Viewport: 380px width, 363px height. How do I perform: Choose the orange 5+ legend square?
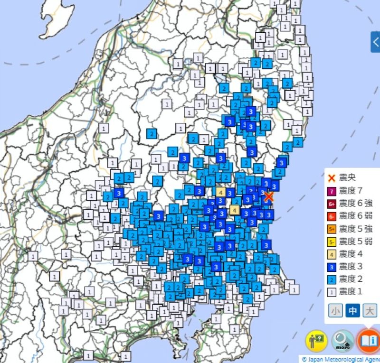click(332, 229)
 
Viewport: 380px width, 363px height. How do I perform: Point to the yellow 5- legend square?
click(332, 242)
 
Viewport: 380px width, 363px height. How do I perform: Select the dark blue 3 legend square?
click(332, 267)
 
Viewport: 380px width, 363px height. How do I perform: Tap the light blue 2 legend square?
click(332, 279)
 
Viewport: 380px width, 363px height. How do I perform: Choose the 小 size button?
click(336, 311)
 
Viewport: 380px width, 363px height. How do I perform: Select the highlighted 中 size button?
click(352, 311)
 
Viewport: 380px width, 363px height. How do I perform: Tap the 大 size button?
click(369, 311)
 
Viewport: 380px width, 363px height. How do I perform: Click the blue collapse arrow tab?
click(375, 42)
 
